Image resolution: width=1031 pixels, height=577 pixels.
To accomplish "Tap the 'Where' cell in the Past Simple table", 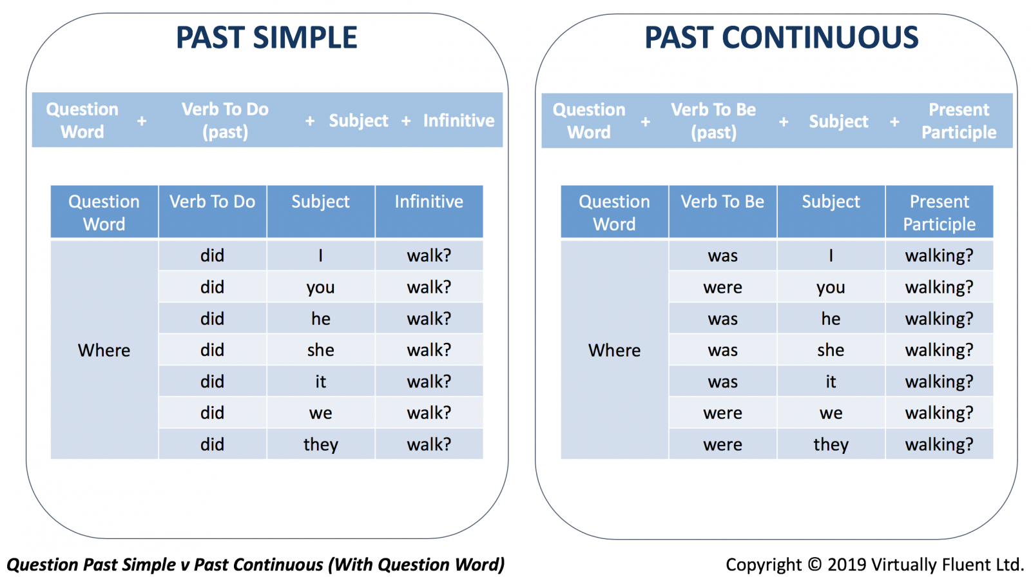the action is tap(104, 350).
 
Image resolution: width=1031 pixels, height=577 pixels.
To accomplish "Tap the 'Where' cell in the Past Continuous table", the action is tap(615, 350).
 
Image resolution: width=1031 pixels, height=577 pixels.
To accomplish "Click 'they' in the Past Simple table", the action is tap(321, 444).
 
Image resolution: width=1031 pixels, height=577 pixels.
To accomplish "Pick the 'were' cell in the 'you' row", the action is tap(722, 288).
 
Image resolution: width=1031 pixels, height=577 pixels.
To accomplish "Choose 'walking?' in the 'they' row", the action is tap(939, 444).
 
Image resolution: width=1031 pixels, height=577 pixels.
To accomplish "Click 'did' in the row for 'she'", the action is tap(212, 350).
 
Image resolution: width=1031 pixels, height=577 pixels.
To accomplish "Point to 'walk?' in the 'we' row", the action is tap(429, 413).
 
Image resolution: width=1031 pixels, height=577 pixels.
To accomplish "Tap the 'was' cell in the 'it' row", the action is tap(722, 382).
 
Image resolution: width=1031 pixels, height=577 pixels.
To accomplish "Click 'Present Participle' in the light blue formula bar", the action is tap(959, 121).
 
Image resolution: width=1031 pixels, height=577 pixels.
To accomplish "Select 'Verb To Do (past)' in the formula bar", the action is tap(225, 121).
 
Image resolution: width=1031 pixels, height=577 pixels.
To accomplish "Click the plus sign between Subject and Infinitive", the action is tap(406, 121).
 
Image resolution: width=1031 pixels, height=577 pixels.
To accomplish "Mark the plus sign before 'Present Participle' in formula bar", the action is tap(894, 122).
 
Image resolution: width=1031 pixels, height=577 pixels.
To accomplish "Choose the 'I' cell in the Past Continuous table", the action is tap(831, 255).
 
